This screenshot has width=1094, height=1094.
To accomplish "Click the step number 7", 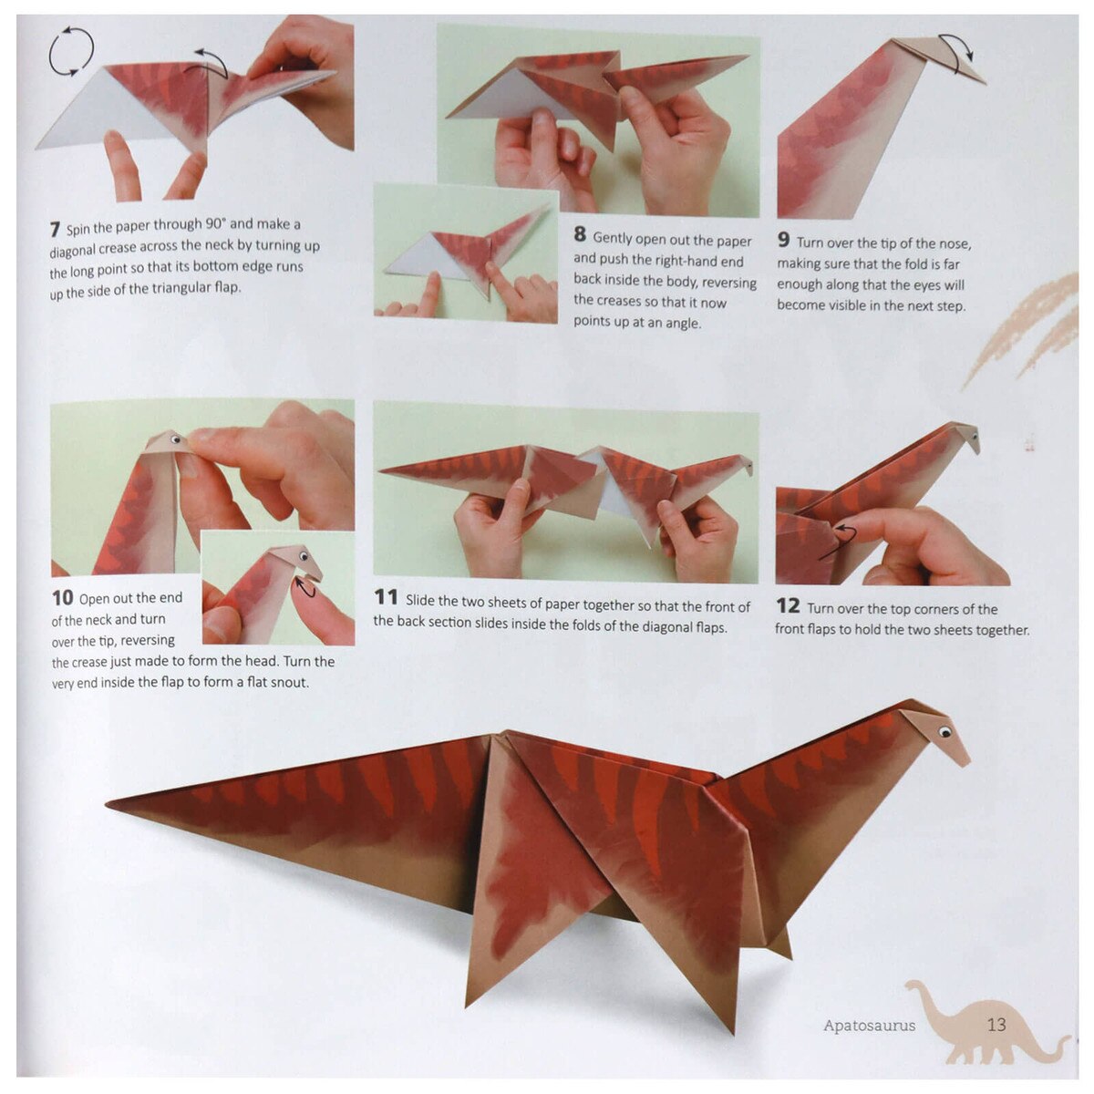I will point(55,229).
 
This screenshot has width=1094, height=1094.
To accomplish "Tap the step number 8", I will point(580,234).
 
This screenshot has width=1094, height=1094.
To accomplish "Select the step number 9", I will point(783,241).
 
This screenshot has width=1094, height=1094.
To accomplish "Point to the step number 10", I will point(62,598).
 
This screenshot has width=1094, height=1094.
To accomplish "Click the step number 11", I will point(386,597).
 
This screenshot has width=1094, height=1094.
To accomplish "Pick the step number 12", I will point(788,605).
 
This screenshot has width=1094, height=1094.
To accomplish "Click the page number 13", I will point(996,1024).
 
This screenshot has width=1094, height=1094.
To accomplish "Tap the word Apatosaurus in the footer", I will point(869,1026).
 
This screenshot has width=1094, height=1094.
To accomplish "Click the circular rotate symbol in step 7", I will point(71,51).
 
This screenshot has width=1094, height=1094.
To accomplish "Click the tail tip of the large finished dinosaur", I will point(109,804).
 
